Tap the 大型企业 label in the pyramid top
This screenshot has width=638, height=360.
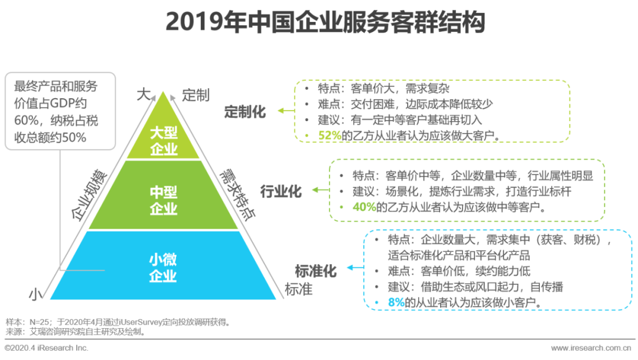(x=164, y=141)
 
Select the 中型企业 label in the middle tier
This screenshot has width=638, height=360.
(x=164, y=200)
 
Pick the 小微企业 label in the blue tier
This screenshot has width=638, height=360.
(x=163, y=267)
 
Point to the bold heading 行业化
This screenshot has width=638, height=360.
(x=281, y=190)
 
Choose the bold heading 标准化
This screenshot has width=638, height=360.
(x=315, y=271)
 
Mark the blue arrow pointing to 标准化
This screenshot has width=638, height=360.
(x=354, y=268)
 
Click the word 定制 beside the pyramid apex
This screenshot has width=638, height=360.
(x=196, y=95)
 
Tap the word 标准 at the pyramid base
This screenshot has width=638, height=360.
(x=298, y=290)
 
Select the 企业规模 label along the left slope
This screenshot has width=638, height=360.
(x=90, y=194)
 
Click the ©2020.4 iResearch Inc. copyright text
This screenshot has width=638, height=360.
(x=47, y=348)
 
